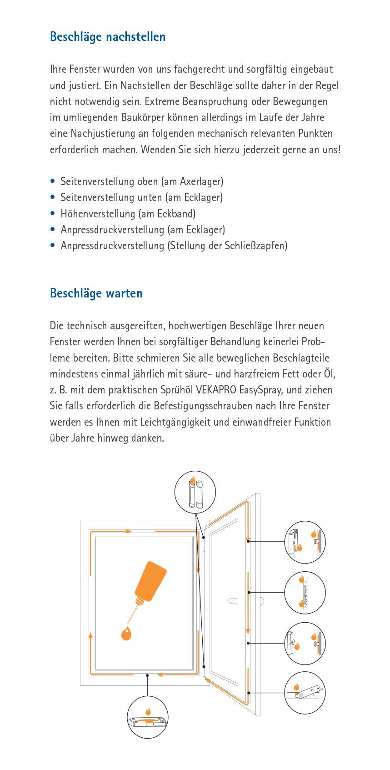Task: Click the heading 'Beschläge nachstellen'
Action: [108, 37]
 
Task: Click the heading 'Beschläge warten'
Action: [96, 293]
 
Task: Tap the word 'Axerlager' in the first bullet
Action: [200, 181]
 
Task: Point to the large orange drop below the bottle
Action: [126, 633]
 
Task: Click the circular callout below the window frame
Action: [148, 717]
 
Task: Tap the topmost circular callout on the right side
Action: [305, 542]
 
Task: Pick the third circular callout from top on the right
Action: [305, 643]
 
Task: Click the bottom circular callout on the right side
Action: [305, 692]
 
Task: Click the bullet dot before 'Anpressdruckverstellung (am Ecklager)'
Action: [53, 230]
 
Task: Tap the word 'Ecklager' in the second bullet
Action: [203, 198]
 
